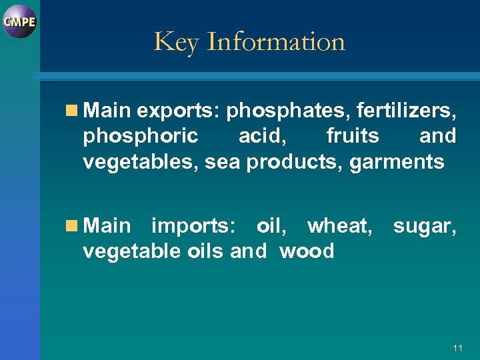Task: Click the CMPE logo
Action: click(x=19, y=21)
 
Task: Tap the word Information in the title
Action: click(x=275, y=41)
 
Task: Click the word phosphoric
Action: click(x=141, y=136)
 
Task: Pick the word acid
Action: click(x=262, y=136)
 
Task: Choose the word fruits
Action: click(x=353, y=136)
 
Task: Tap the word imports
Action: click(x=193, y=226)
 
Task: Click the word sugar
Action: click(x=425, y=226)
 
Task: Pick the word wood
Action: click(x=307, y=251)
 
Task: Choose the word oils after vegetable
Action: click(x=203, y=251)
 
